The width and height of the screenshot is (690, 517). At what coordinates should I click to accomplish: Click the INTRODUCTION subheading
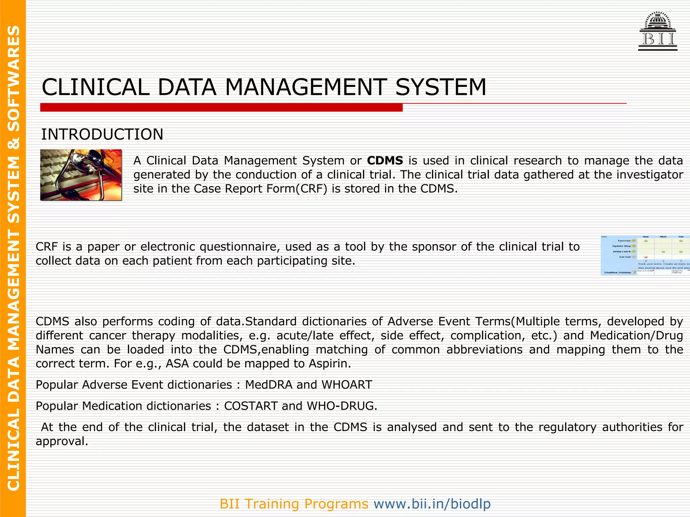click(x=102, y=134)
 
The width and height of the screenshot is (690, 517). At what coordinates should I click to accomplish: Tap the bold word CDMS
click(x=385, y=161)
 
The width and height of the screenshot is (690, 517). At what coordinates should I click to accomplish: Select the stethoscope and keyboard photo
click(x=81, y=175)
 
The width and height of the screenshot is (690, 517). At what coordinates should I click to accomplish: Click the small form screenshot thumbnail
click(x=645, y=255)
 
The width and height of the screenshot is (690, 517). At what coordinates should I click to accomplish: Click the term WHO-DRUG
click(x=342, y=406)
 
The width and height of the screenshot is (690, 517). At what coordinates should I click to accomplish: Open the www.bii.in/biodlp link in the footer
click(x=432, y=504)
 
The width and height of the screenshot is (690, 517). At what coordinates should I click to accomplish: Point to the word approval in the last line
click(x=62, y=441)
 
